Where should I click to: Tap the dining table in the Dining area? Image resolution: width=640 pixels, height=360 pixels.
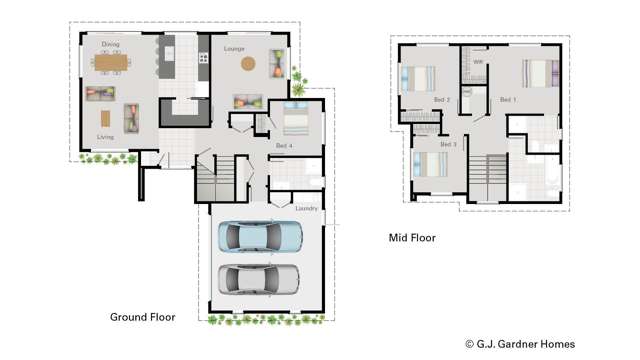point(112,63)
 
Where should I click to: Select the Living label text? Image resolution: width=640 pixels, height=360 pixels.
point(105,136)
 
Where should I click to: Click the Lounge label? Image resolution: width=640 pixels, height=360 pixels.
point(235,48)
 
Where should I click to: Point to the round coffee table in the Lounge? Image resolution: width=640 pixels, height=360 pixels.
point(247,66)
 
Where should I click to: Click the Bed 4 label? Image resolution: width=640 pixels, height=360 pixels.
point(284,147)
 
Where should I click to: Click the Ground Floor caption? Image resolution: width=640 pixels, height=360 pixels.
point(142,317)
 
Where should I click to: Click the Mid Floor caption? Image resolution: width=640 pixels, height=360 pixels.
point(412,238)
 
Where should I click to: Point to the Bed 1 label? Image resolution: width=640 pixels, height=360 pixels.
point(507,100)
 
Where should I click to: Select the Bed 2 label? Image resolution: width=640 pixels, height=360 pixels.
point(441,100)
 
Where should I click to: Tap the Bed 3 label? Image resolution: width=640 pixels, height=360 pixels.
point(448,145)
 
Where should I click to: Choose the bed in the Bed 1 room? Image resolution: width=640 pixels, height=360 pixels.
point(538,73)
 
